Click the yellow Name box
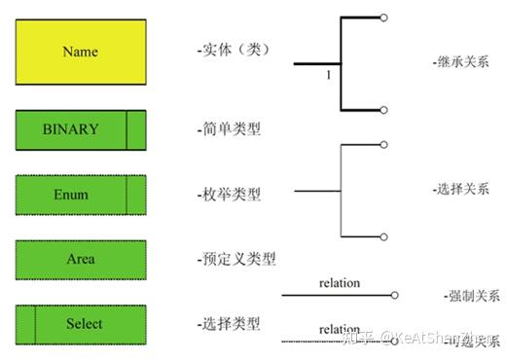[x=81, y=52]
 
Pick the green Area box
[x=81, y=260]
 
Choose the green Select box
[x=81, y=324]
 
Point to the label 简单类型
[x=229, y=128]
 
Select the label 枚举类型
[x=229, y=195]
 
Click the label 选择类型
[x=229, y=324]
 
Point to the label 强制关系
[x=470, y=295]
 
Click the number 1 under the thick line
[x=330, y=74]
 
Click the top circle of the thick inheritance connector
[x=384, y=18]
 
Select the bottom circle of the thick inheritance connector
[x=384, y=110]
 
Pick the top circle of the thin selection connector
[x=384, y=144]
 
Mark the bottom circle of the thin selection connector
[x=384, y=236]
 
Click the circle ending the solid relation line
[x=393, y=294]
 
